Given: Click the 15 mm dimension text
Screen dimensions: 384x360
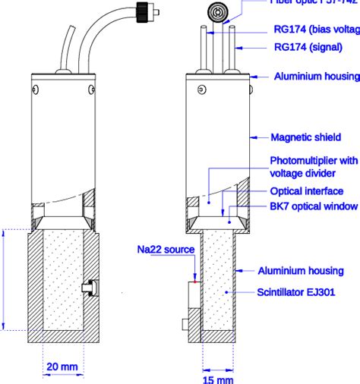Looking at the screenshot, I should (x=217, y=377).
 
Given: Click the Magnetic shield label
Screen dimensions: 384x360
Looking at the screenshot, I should (x=303, y=137).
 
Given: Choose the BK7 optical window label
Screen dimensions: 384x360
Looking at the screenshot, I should (x=314, y=206).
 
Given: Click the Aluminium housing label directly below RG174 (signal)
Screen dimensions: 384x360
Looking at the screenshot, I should (x=315, y=77).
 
